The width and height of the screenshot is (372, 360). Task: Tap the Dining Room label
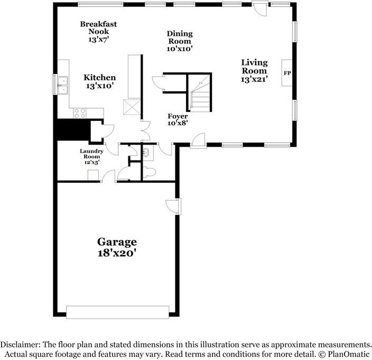(180, 37)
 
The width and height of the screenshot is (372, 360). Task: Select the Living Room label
(254, 67)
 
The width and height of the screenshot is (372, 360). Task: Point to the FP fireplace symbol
(287, 73)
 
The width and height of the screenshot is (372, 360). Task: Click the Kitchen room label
(99, 78)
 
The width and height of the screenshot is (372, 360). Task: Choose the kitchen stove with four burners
(80, 112)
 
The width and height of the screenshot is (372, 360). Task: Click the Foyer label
(177, 116)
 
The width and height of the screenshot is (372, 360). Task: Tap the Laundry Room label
(91, 154)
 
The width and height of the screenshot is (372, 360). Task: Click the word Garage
(117, 242)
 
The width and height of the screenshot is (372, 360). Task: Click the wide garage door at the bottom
(117, 312)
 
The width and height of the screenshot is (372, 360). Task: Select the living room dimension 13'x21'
(255, 80)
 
